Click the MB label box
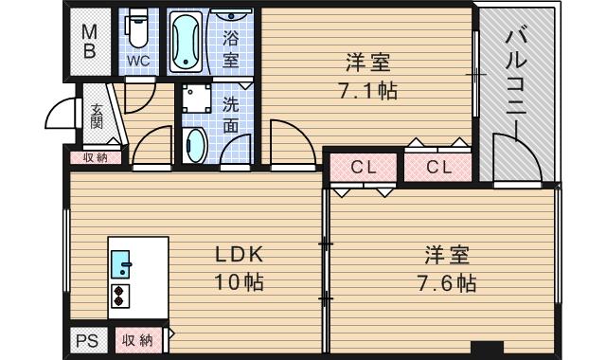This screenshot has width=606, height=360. point(88,42)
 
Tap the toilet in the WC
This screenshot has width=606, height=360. point(138,30)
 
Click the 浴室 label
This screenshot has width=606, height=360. point(231,48)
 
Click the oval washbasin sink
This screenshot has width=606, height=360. point(196,147)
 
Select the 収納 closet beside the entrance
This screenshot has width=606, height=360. point(96,157)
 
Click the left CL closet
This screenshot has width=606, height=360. point(363,167)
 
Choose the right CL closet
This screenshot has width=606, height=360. point(437,167)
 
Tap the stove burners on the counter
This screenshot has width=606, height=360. point(121,295)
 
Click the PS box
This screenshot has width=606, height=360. point(87,339)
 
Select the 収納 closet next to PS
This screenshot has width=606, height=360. point(138,339)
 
